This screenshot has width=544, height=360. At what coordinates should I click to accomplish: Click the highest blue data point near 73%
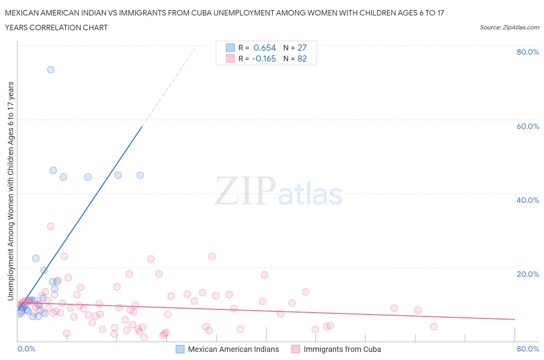click(x=51, y=70)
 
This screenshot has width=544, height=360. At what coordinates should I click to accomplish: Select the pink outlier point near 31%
click(x=51, y=226)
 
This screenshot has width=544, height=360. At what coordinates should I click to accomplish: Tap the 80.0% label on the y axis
click(x=528, y=52)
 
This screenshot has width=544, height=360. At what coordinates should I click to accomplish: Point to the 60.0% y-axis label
click(x=528, y=126)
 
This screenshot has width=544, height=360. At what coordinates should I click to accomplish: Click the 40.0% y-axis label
click(x=528, y=200)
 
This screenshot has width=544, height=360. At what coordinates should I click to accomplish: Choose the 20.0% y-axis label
click(x=528, y=274)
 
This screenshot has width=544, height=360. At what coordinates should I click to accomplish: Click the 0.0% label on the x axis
click(x=26, y=349)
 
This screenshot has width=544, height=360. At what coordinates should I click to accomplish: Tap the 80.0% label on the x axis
click(x=528, y=349)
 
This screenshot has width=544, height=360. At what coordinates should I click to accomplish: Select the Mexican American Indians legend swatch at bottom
click(x=180, y=349)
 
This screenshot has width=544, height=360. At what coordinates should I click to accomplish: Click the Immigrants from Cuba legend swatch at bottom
click(x=296, y=349)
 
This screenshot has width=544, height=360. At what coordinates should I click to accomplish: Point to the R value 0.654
click(x=265, y=48)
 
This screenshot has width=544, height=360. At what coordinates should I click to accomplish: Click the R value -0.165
click(x=264, y=58)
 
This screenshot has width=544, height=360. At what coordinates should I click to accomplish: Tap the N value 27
click(x=302, y=48)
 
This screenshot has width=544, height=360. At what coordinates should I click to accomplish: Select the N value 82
click(x=302, y=58)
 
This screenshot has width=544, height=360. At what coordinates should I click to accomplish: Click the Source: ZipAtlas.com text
click(x=509, y=27)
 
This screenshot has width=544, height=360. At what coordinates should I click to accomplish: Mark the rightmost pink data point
click(x=434, y=327)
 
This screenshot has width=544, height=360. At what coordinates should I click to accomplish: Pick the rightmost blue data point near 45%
click(x=140, y=175)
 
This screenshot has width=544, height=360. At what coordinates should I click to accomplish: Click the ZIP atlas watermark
click(x=279, y=192)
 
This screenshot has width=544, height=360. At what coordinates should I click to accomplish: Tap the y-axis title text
click(x=10, y=191)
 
